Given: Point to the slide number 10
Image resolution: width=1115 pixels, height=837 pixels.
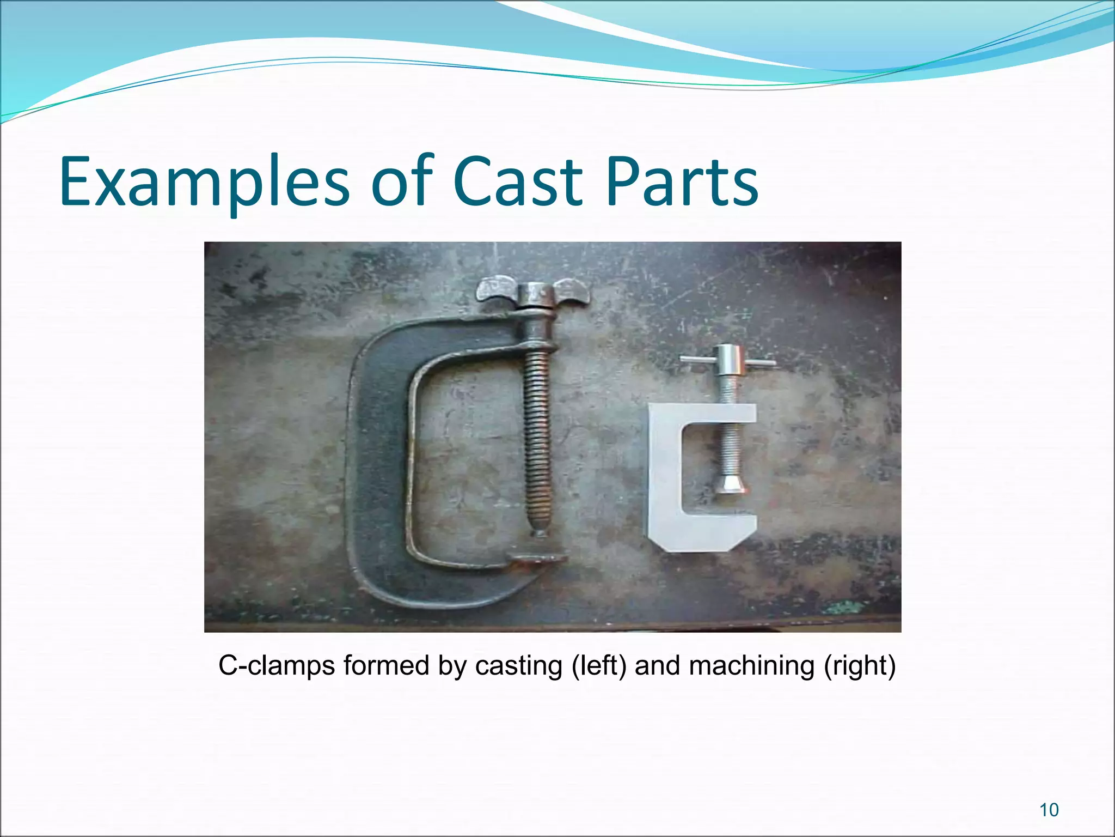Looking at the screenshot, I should pos(1049,810).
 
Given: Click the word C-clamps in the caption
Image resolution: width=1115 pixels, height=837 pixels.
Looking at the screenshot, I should pos(277,666).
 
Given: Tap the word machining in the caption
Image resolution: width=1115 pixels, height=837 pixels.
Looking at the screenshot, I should pos(752,666).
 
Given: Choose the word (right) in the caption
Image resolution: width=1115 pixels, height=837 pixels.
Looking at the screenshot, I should pos(860,666).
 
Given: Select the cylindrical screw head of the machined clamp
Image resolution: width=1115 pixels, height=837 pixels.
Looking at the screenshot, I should pos(728,360).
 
